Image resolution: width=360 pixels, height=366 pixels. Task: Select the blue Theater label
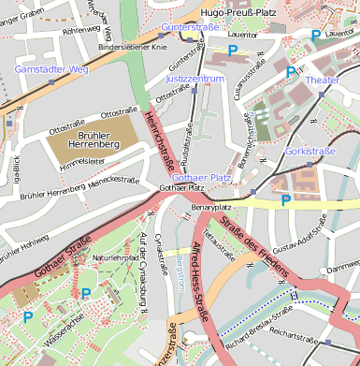322,81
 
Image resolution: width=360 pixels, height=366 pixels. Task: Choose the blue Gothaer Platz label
202,177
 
